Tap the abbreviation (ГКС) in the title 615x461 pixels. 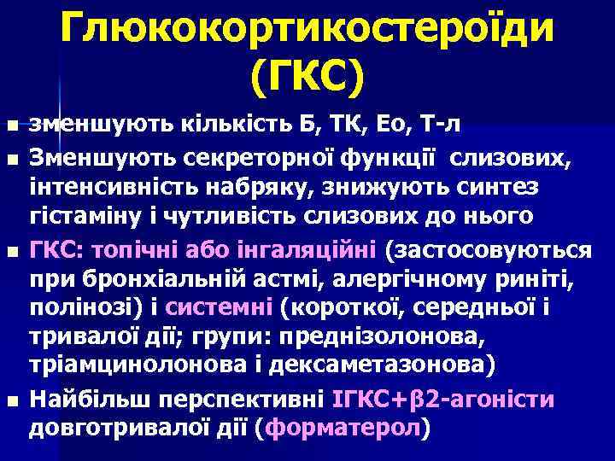point(307,78)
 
